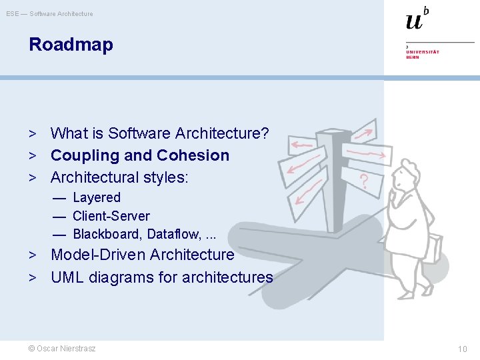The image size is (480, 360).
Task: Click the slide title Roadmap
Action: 71,45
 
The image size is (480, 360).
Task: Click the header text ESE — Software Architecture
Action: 50,14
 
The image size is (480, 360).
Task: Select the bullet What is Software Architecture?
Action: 159,133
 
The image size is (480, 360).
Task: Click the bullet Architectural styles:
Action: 119,177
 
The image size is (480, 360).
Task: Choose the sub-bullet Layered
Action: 97,197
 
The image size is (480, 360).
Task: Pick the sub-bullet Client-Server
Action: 111,216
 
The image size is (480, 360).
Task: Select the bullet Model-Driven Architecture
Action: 142,255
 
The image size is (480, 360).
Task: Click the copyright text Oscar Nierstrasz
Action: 61,349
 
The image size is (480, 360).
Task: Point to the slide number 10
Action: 462,349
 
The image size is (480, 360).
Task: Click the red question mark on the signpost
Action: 364,180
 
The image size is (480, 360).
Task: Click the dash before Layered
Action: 60,198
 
